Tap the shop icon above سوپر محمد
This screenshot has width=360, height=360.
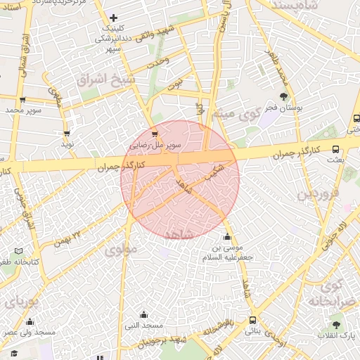[22, 99]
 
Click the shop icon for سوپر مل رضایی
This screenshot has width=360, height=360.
[155, 133]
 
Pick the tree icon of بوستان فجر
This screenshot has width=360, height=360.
[284, 96]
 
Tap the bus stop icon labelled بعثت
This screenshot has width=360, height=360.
[335, 149]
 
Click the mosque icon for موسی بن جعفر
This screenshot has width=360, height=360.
[228, 236]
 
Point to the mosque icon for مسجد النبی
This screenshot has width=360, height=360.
[144, 314]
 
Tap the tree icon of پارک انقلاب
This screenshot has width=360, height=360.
[335, 325]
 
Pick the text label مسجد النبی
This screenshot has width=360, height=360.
[144, 326]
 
